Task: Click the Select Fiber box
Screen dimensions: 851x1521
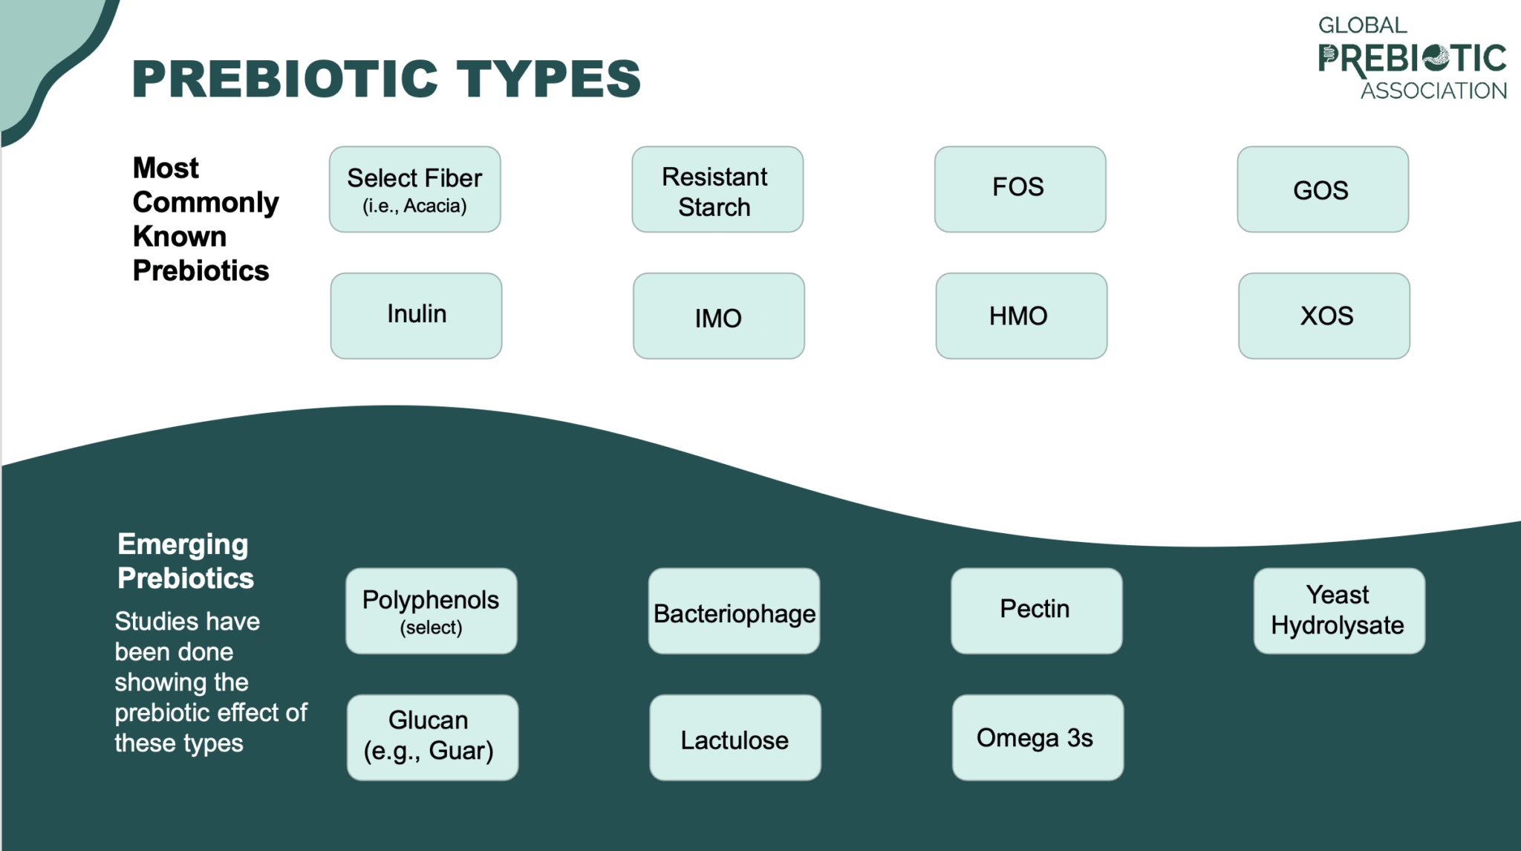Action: pos(414,189)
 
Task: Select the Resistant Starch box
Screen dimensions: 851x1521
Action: pos(717,189)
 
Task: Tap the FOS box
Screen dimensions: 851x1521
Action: pos(1020,189)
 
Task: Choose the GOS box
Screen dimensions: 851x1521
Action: pos(1322,189)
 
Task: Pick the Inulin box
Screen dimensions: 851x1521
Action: pos(416,316)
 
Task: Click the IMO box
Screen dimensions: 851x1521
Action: pos(718,316)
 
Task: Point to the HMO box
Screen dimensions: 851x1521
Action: pos(1021,316)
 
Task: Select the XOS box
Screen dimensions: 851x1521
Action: pos(1323,316)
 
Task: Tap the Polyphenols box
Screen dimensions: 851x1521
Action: pos(431,610)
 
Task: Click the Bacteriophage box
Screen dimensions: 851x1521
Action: pos(734,610)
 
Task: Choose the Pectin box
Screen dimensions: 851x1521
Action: pos(1036,610)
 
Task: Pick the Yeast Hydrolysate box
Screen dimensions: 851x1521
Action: pos(1338,610)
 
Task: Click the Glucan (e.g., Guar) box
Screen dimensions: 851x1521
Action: pos(432,737)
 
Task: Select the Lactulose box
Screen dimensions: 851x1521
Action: pos(735,737)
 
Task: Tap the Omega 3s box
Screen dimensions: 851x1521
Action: pos(1038,737)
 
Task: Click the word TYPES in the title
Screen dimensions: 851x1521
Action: pos(548,79)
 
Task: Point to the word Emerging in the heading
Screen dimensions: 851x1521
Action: pos(183,544)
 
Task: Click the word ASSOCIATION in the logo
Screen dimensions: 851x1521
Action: pos(1433,91)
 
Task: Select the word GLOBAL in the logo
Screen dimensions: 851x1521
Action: pos(1362,25)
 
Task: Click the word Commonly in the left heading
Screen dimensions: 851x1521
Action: pos(206,202)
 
